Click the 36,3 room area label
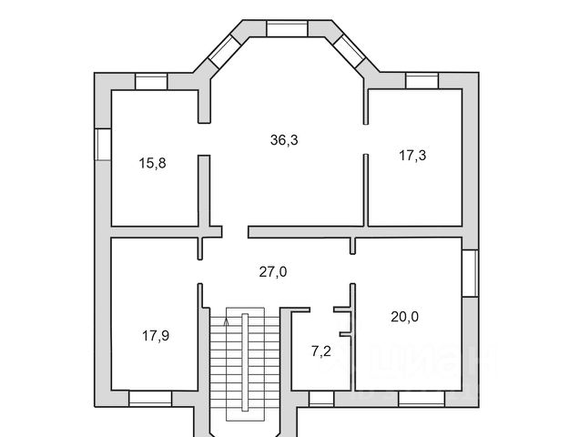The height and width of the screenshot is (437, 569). (284, 140)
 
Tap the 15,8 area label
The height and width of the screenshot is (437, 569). (151, 164)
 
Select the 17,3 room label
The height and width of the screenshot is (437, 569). (412, 156)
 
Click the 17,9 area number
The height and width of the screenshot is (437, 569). (155, 335)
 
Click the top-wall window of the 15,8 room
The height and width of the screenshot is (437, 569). (152, 82)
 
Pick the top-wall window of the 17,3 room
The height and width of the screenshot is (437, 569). (422, 82)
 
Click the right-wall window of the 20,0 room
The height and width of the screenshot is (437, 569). (470, 272)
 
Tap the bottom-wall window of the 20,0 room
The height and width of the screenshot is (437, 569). (421, 398)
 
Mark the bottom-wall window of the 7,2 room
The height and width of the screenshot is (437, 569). (321, 398)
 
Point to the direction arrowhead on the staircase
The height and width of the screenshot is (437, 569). (227, 320)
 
